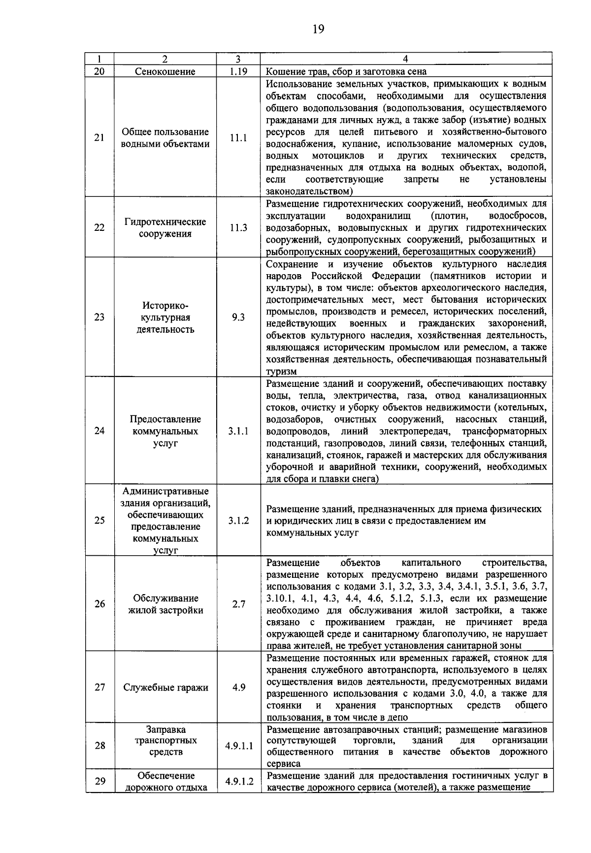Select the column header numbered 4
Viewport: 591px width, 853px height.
click(405, 59)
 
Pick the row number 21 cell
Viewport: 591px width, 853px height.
click(99, 138)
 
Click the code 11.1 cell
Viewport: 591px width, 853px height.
click(238, 138)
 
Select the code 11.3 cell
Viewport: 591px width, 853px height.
click(238, 228)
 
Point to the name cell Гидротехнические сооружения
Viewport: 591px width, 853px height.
click(165, 228)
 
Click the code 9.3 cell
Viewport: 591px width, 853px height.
click(238, 317)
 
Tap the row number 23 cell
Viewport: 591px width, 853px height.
click(99, 317)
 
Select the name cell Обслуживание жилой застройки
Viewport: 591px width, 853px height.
click(165, 604)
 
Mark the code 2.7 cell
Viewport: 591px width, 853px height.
click(238, 604)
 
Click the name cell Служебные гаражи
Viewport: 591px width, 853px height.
click(165, 688)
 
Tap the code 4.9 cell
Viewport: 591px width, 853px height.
click(238, 688)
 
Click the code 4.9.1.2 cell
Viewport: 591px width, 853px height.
click(239, 782)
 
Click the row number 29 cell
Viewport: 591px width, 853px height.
click(99, 782)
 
